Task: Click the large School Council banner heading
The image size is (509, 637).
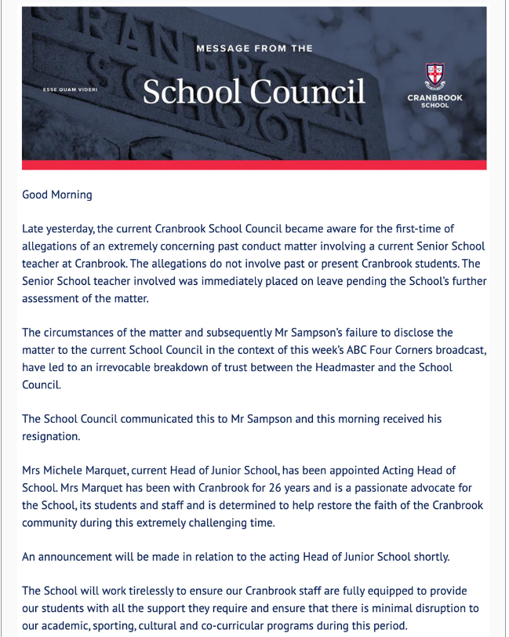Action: [x=253, y=92]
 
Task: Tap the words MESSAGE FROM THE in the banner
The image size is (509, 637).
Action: [x=254, y=49]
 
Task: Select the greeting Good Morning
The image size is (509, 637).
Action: [x=57, y=195]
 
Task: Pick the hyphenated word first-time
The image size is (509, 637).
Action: [x=431, y=229]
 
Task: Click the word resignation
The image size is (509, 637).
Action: [x=52, y=436]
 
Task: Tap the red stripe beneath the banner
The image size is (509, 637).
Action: [x=253, y=165]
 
